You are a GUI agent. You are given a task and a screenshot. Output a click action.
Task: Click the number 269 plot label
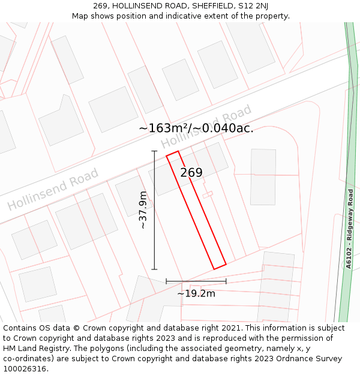coord(191,173)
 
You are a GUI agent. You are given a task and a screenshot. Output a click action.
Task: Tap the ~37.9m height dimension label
coord(143,210)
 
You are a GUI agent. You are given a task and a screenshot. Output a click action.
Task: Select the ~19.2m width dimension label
coord(196,293)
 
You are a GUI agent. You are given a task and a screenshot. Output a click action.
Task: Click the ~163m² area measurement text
coord(163,128)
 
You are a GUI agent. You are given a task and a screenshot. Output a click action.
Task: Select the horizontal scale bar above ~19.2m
coord(196,281)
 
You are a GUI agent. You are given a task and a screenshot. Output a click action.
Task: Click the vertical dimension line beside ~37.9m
coord(155,210)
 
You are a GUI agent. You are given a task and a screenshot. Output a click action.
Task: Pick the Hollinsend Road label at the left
coord(53,190)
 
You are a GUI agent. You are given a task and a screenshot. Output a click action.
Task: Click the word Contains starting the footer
coord(20,328)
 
